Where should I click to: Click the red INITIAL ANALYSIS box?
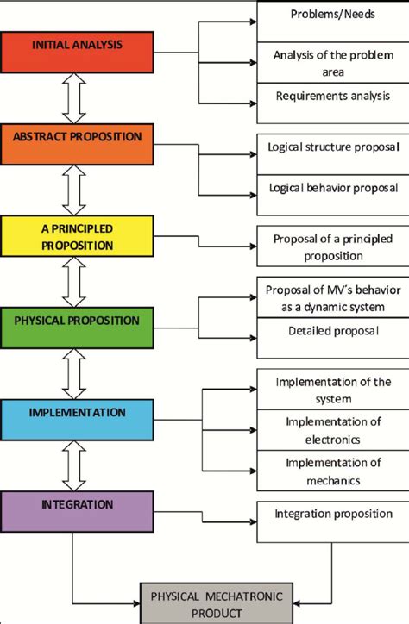(x=79, y=52)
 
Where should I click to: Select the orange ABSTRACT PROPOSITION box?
(x=79, y=144)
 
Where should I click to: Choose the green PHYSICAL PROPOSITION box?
(x=79, y=328)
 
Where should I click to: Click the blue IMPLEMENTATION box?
(x=79, y=420)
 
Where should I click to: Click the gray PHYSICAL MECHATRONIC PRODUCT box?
(x=223, y=602)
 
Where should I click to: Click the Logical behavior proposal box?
(x=333, y=187)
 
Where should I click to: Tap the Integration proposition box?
(x=333, y=515)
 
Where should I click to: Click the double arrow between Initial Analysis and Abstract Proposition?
(x=76, y=98)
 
